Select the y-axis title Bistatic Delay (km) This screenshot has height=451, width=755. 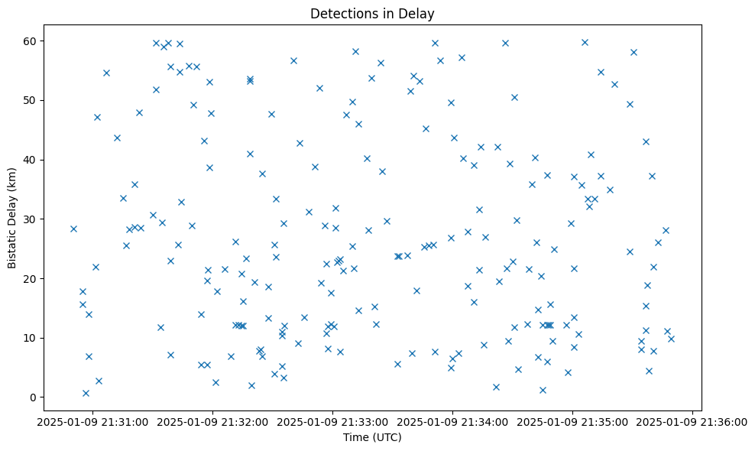(x=12, y=218)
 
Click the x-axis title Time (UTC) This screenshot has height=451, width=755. (x=372, y=437)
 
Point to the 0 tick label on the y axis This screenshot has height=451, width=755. (x=34, y=397)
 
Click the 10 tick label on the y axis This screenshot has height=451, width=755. (x=31, y=338)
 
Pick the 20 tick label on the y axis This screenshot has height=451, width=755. (x=31, y=278)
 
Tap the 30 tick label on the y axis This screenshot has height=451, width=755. (x=31, y=219)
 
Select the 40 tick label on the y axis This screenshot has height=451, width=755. (x=31, y=160)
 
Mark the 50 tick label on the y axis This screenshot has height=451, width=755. (x=31, y=100)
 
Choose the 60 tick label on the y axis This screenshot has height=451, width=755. (x=31, y=41)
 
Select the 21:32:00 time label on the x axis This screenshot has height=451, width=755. (x=212, y=421)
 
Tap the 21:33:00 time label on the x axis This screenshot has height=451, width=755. (x=332, y=421)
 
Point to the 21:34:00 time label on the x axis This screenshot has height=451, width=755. (x=452, y=421)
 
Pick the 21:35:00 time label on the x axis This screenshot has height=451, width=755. (x=572, y=421)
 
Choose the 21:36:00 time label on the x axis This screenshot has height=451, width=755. (x=692, y=421)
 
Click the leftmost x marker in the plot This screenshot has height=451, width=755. (x=73, y=229)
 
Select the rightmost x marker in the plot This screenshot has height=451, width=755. (x=671, y=339)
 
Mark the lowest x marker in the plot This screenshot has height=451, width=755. (x=86, y=393)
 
